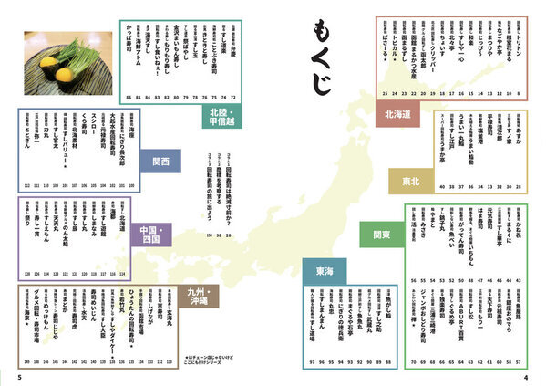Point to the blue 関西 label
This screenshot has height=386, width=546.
(x=160, y=161)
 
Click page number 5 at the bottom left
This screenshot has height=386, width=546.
(x=18, y=376)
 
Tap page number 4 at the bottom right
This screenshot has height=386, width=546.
(x=526, y=376)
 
